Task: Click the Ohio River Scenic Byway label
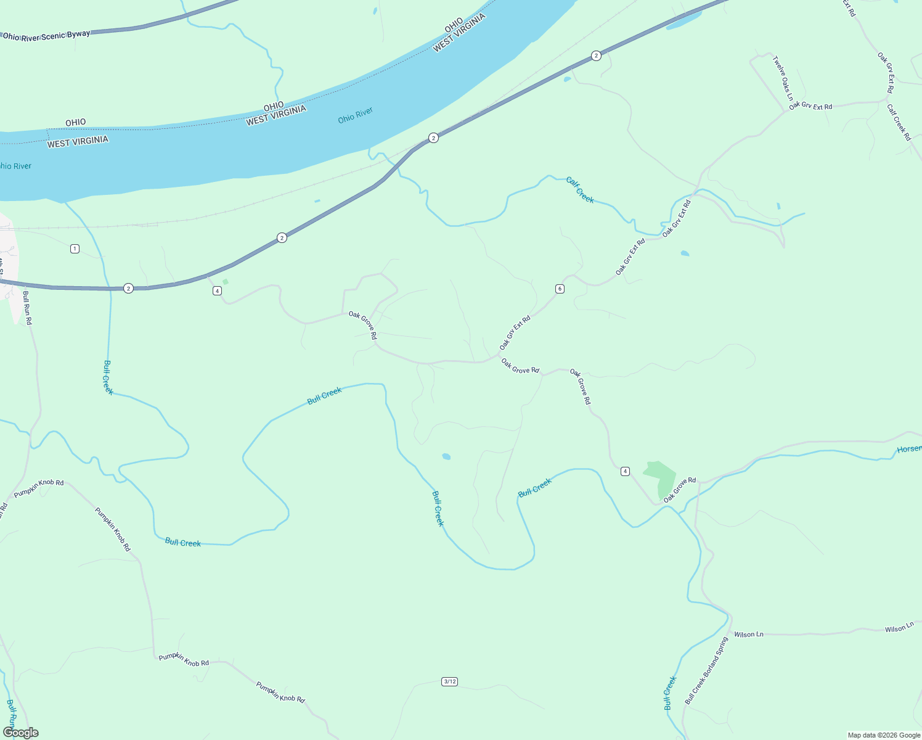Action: point(47,36)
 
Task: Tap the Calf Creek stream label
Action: point(580,189)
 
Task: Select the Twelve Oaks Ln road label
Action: point(783,78)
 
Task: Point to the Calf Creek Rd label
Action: point(899,122)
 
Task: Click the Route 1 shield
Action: point(75,249)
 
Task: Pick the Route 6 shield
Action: point(560,289)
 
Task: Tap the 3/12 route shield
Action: point(450,681)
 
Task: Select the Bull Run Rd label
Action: point(27,307)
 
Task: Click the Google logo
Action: point(20,733)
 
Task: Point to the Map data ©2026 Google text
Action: point(884,735)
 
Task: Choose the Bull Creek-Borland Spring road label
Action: point(706,671)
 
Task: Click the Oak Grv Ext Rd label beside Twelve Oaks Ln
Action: point(810,106)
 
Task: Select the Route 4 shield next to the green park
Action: point(626,471)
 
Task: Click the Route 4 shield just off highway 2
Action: point(217,290)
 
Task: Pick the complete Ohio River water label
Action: point(356,115)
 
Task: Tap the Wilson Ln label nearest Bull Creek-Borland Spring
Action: point(749,634)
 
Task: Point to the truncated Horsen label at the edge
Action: point(909,449)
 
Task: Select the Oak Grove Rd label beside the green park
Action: point(679,488)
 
